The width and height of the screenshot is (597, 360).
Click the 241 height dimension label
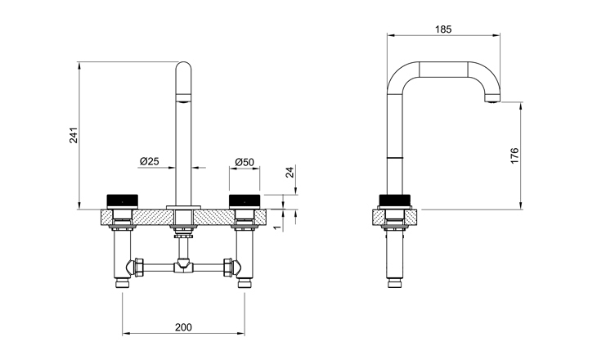pos(74,135)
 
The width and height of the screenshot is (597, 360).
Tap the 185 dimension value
pos(443,29)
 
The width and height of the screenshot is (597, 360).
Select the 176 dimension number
pos(514,155)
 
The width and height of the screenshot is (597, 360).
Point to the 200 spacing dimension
pos(183,327)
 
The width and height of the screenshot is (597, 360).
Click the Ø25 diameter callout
pos(149,161)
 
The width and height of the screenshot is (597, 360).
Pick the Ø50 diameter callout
pos(245,162)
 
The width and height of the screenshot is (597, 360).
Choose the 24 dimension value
pos(290,172)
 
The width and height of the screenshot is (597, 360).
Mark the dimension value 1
pos(277,227)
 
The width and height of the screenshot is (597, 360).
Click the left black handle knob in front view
pos(123,200)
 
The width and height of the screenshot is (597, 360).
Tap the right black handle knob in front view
pos(245,200)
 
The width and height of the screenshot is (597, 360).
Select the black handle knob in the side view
pos(395,200)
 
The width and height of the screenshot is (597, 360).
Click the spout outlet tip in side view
pos(492,100)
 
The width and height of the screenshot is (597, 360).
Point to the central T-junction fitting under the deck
pos(183,266)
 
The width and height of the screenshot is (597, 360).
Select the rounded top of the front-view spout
pos(183,68)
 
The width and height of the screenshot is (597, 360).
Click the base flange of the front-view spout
pos(183,207)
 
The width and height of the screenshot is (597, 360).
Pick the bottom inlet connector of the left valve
pos(122,283)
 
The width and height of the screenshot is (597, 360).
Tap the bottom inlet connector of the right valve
pos(244,283)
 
